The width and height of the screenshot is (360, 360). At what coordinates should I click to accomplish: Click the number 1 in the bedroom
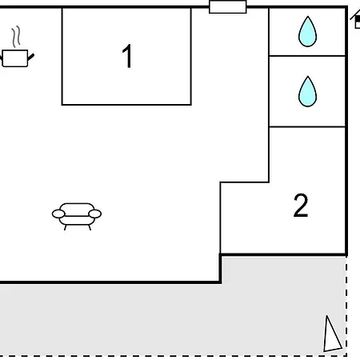pyautogui.click(x=127, y=56)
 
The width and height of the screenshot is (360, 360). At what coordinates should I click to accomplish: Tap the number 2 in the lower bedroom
pyautogui.click(x=301, y=206)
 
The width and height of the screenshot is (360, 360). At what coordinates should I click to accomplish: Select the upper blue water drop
pyautogui.click(x=307, y=31)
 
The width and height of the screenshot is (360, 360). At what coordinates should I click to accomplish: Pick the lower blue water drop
pyautogui.click(x=307, y=91)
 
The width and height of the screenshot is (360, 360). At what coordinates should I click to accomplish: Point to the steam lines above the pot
pyautogui.click(x=16, y=37)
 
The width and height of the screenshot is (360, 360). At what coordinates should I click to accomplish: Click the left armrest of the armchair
pyautogui.click(x=58, y=214)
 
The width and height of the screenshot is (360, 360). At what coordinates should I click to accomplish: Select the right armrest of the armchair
pyautogui.click(x=95, y=214)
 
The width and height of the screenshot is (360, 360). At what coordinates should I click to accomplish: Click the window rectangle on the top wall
pyautogui.click(x=228, y=6)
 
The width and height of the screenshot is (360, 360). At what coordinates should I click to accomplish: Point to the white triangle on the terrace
pyautogui.click(x=331, y=335)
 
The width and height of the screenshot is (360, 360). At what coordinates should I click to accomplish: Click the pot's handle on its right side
pyautogui.click(x=31, y=57)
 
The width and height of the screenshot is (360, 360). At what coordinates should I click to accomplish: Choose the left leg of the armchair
pyautogui.click(x=65, y=227)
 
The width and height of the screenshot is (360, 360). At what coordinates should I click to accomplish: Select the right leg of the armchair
pyautogui.click(x=90, y=227)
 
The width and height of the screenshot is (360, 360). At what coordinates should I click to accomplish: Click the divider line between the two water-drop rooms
pyautogui.click(x=307, y=56)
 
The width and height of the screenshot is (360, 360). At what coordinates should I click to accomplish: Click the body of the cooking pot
pyautogui.click(x=15, y=58)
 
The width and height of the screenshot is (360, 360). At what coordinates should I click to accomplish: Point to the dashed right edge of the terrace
pyautogui.click(x=346, y=306)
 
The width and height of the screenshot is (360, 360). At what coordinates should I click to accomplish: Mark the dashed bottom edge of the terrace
pyautogui.click(x=174, y=355)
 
